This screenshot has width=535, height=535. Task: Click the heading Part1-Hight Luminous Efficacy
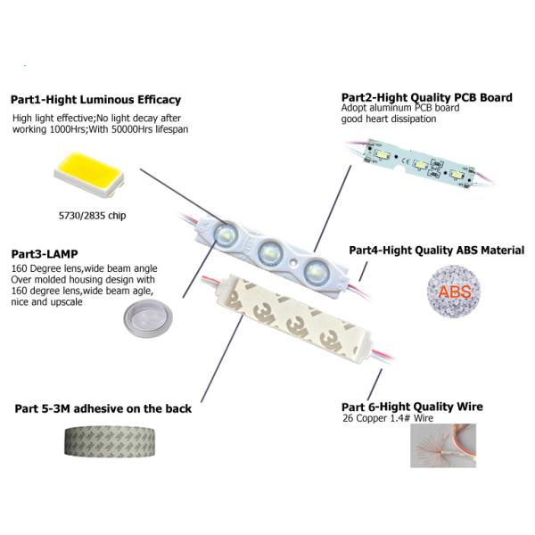(x=95, y=100)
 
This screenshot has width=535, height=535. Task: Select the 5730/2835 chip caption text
(x=86, y=214)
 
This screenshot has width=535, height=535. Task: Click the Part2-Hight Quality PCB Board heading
(x=426, y=97)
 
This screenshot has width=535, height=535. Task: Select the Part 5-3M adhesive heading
(x=103, y=409)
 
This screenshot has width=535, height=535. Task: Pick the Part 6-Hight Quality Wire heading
(x=413, y=407)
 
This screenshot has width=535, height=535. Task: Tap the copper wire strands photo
(x=443, y=445)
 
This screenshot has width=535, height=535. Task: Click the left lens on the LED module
(x=225, y=235)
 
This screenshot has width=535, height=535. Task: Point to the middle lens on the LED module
(x=270, y=254)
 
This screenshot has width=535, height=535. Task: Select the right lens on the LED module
(x=313, y=270)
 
